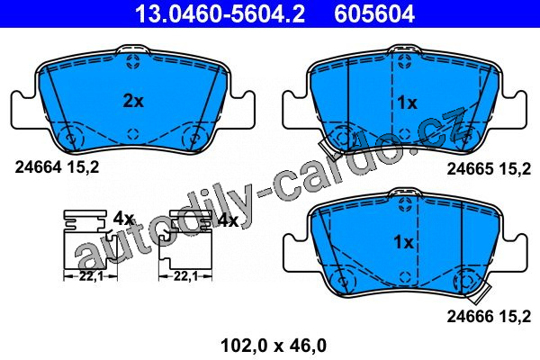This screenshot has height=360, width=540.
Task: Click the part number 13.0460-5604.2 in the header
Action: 220,13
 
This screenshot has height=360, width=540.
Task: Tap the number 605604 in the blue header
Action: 374,13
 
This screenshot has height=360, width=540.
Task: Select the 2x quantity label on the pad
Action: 133,101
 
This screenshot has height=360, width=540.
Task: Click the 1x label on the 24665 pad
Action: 407,103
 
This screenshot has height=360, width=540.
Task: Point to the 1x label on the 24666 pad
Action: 403,242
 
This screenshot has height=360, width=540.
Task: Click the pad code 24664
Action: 38,167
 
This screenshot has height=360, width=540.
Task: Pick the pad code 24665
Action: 471,169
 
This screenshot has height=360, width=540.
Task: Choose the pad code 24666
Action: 471,316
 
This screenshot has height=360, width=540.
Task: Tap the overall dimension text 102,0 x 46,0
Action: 274,346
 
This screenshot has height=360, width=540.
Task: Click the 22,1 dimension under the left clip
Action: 91,275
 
